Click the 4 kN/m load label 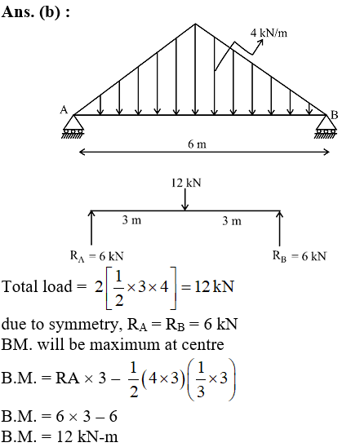pyautogui.click(x=269, y=33)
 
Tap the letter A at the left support pyautogui.click(x=64, y=110)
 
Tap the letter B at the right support pyautogui.click(x=335, y=115)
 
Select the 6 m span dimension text pyautogui.click(x=197, y=144)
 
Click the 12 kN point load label pyautogui.click(x=186, y=183)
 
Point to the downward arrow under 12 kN pyautogui.click(x=185, y=200)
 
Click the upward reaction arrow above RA pyautogui.click(x=91, y=228)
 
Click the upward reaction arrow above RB pyautogui.click(x=279, y=228)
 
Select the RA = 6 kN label pyautogui.click(x=97, y=256)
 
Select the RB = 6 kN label pyautogui.click(x=300, y=256)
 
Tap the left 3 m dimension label pyautogui.click(x=131, y=220)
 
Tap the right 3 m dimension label pyautogui.click(x=232, y=221)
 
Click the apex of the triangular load pyautogui.click(x=195, y=24)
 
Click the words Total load pyautogui.click(x=37, y=286)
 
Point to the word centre pyautogui.click(x=202, y=345)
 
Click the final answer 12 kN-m pyautogui.click(x=87, y=436)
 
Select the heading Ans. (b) pyautogui.click(x=36, y=12)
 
